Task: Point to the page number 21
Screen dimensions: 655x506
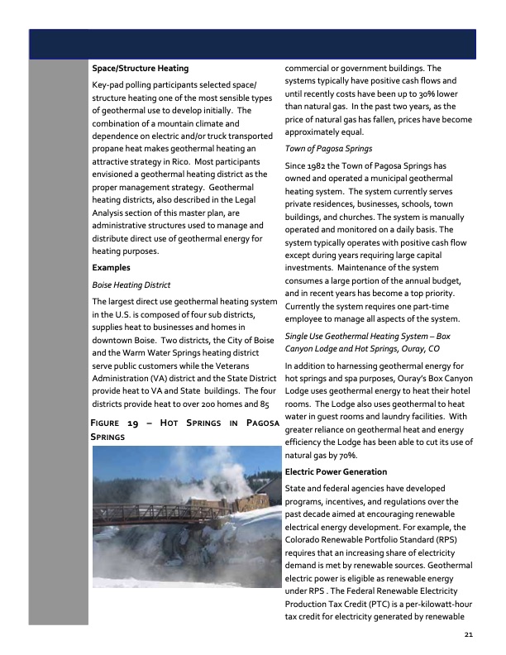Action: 468,635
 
